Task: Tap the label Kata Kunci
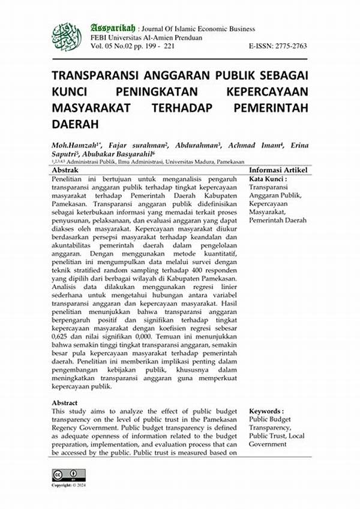tap(268, 179)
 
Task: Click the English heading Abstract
tap(64, 402)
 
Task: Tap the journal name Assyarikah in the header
tap(112, 28)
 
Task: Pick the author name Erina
tap(296, 145)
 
